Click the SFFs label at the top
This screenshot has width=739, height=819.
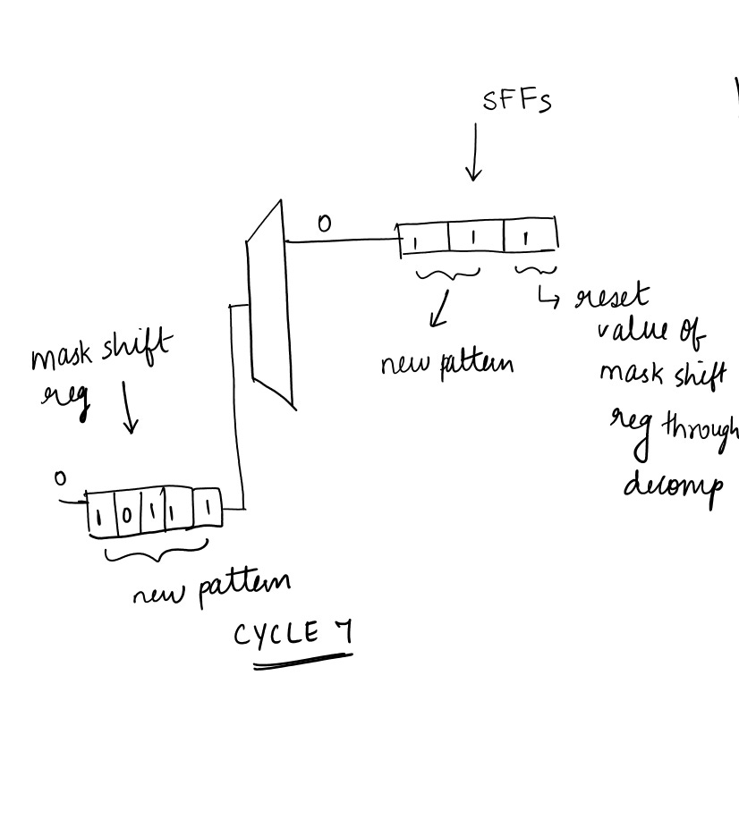(516, 100)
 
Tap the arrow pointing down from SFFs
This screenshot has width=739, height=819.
(474, 153)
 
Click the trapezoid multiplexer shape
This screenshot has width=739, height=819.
(270, 304)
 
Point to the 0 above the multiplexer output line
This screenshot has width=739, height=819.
(324, 224)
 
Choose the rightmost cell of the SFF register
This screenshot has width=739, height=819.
(530, 237)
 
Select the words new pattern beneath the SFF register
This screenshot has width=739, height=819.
(446, 364)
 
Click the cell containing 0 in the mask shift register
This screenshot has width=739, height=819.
(128, 515)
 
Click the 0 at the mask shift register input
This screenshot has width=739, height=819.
(60, 479)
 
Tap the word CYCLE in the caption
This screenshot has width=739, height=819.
(276, 634)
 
